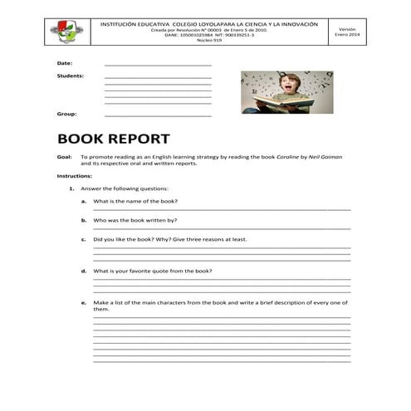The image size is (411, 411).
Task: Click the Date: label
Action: pos(64,63)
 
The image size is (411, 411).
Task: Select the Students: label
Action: pos(70,76)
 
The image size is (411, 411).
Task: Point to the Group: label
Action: pos(66,114)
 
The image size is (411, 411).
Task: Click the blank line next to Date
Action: pos(158,65)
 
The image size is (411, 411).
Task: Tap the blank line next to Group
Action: pos(158,115)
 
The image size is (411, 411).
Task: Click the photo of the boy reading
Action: pos(286,91)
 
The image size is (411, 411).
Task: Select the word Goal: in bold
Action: pos(64,156)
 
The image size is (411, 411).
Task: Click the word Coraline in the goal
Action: pos(286,156)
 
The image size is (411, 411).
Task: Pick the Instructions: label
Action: pos(74,176)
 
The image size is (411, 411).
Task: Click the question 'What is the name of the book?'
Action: pos(135,202)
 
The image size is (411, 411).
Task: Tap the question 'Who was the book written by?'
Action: pos(135,221)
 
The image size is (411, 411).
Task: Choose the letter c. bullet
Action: pos(84,239)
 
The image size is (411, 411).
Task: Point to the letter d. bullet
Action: pos(84,271)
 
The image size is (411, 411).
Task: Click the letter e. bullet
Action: pos(84,302)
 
